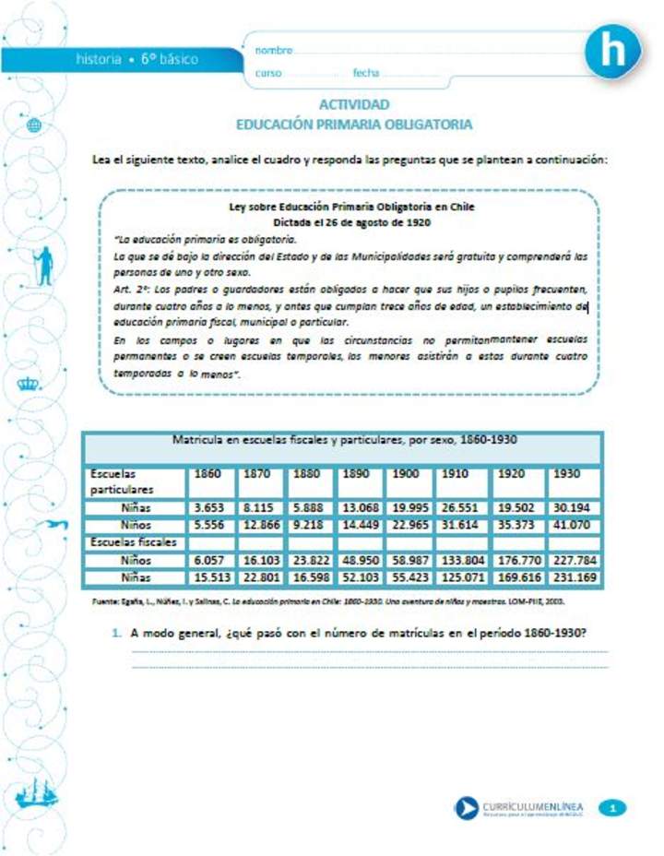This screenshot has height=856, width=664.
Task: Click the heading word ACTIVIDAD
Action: [x=354, y=104]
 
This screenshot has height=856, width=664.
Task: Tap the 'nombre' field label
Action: [x=274, y=50]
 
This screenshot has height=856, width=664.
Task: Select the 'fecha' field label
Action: [x=366, y=72]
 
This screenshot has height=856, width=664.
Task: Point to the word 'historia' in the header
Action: [x=99, y=59]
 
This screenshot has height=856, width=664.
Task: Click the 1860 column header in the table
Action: [x=208, y=473]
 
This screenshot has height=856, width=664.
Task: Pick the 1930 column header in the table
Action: [x=568, y=473]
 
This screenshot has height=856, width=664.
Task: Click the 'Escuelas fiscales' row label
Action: [x=133, y=542]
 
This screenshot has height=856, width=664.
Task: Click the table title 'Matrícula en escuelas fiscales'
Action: [x=344, y=440]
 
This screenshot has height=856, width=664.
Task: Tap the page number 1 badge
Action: [x=612, y=808]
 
